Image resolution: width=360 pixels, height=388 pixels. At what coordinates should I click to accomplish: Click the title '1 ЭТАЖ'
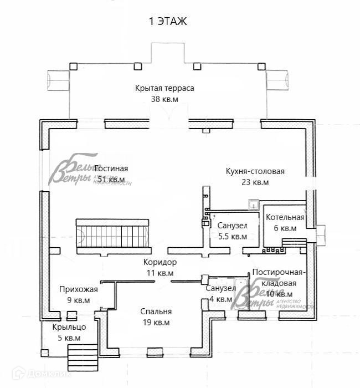point(167,22)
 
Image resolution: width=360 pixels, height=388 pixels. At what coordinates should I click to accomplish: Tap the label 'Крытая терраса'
point(165,88)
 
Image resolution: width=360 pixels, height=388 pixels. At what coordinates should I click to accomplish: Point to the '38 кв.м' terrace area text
point(165,99)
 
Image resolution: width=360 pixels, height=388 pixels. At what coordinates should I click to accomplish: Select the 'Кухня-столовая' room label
point(255,171)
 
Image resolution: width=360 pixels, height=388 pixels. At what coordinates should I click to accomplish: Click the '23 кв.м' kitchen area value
point(255,182)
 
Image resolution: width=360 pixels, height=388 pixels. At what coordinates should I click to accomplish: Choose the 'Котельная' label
point(285,217)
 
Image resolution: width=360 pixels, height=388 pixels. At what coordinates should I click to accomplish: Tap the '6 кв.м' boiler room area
point(285,228)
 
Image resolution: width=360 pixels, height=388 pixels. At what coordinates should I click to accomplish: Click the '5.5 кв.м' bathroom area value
point(233,236)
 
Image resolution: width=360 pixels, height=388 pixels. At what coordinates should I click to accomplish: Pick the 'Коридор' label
point(160,262)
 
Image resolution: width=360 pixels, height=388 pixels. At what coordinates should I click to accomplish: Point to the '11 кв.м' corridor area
point(160,273)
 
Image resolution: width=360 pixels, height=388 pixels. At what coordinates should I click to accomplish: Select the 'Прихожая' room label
point(79,289)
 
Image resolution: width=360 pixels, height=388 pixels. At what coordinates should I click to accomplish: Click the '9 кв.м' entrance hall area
point(79,300)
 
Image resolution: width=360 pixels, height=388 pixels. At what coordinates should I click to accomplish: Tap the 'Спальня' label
point(156,312)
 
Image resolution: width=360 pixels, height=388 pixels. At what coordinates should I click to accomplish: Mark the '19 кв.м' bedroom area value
point(156,323)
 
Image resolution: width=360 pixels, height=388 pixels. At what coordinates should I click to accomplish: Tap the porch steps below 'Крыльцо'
point(82,358)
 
